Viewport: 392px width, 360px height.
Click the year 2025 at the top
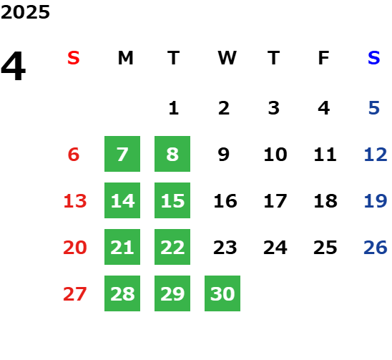tap(25, 12)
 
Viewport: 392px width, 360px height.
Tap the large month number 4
tap(14, 66)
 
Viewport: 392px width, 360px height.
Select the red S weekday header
tap(74, 58)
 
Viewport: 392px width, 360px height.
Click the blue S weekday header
tap(374, 58)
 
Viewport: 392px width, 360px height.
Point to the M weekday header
tap(125, 58)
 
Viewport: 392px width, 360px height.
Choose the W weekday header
tap(227, 58)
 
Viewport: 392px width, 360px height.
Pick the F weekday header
tap(324, 58)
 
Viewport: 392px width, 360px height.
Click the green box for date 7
tap(122, 154)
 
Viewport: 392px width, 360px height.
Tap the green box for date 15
tap(172, 200)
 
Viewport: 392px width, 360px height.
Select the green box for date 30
tap(222, 293)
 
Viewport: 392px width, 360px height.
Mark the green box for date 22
tap(172, 247)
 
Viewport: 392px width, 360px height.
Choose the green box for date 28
tap(122, 293)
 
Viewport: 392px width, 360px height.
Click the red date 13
tap(75, 201)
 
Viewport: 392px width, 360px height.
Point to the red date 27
tap(75, 293)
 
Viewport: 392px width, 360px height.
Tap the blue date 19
tap(376, 201)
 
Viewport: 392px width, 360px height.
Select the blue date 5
tap(374, 108)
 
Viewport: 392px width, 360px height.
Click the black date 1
tap(174, 108)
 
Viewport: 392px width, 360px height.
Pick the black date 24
tap(275, 248)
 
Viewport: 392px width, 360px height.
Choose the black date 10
tap(275, 155)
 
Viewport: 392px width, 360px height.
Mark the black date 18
tap(325, 201)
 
